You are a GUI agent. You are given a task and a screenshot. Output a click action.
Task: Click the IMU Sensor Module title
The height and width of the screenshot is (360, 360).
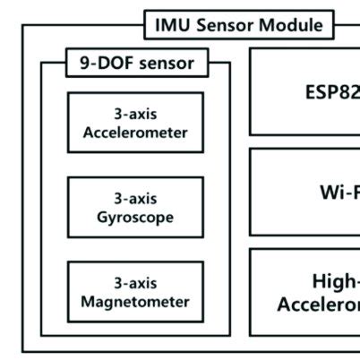point(238,24)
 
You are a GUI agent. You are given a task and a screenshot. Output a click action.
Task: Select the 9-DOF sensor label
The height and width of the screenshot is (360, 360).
point(137,64)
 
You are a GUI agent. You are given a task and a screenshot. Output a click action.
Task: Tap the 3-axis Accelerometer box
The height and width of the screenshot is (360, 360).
point(135,123)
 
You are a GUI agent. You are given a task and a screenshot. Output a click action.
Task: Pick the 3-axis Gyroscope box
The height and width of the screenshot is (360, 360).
point(135,207)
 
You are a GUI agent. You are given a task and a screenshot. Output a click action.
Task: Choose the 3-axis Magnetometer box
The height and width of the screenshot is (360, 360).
point(135,292)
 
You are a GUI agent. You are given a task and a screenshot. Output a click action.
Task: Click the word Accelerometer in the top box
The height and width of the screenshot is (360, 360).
point(135,133)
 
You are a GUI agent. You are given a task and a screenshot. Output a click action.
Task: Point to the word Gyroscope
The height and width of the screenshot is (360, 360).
point(135,217)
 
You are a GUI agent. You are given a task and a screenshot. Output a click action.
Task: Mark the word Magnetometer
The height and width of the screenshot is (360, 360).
point(135,302)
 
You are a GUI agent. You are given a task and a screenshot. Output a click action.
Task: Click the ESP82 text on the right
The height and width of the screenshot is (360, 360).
point(332,93)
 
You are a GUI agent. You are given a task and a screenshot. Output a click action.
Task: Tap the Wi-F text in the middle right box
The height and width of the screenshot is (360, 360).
point(339,192)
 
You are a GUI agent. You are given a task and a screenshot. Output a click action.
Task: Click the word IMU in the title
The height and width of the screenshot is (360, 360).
point(172,24)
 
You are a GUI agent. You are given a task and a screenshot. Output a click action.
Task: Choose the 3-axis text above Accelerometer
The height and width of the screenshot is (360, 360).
point(135,114)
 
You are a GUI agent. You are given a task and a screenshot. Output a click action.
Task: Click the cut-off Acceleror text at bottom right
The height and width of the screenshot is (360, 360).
point(319,304)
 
